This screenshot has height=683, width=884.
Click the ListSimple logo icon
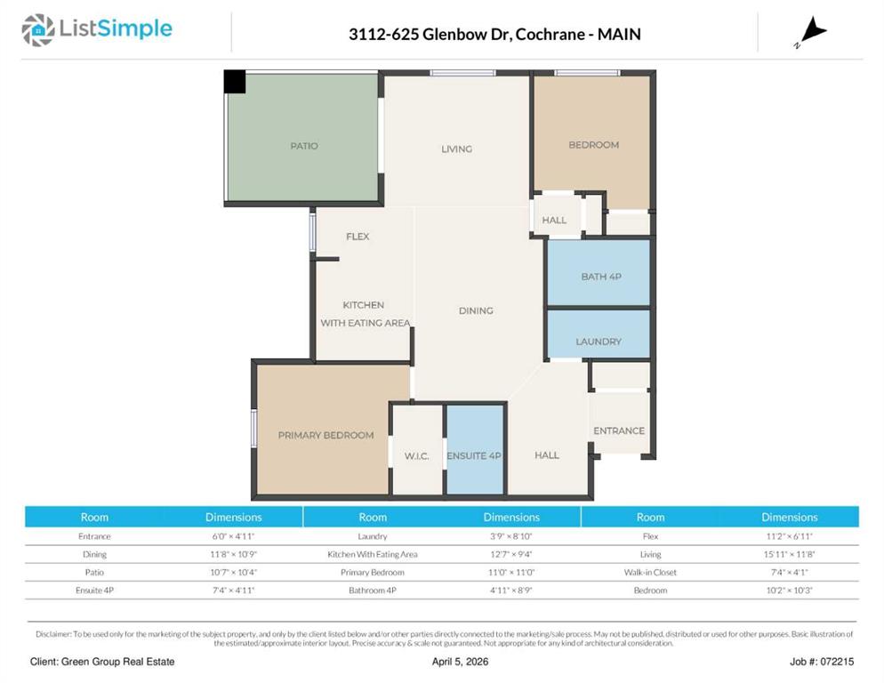(37, 30)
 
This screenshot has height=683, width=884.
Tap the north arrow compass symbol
(811, 32)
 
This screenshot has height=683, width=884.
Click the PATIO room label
(304, 146)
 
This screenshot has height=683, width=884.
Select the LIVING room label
(456, 149)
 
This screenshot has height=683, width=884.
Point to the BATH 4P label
(601, 277)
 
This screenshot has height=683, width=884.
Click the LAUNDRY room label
(599, 341)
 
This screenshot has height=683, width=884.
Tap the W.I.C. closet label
(416, 455)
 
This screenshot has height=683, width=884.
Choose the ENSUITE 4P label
(473, 455)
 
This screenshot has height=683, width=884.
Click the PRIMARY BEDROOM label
(325, 435)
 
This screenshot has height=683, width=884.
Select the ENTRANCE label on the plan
(618, 430)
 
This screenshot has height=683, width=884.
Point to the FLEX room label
(358, 237)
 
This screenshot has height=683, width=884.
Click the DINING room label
(476, 310)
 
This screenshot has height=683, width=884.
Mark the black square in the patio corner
(235, 81)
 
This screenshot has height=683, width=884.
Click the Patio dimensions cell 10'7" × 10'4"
(233, 572)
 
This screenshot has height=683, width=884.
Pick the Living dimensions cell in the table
(790, 554)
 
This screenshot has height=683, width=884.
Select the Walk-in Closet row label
(650, 572)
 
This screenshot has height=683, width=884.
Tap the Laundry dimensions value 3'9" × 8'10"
(510, 535)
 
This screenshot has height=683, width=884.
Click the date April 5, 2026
(460, 662)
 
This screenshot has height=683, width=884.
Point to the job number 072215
(837, 662)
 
